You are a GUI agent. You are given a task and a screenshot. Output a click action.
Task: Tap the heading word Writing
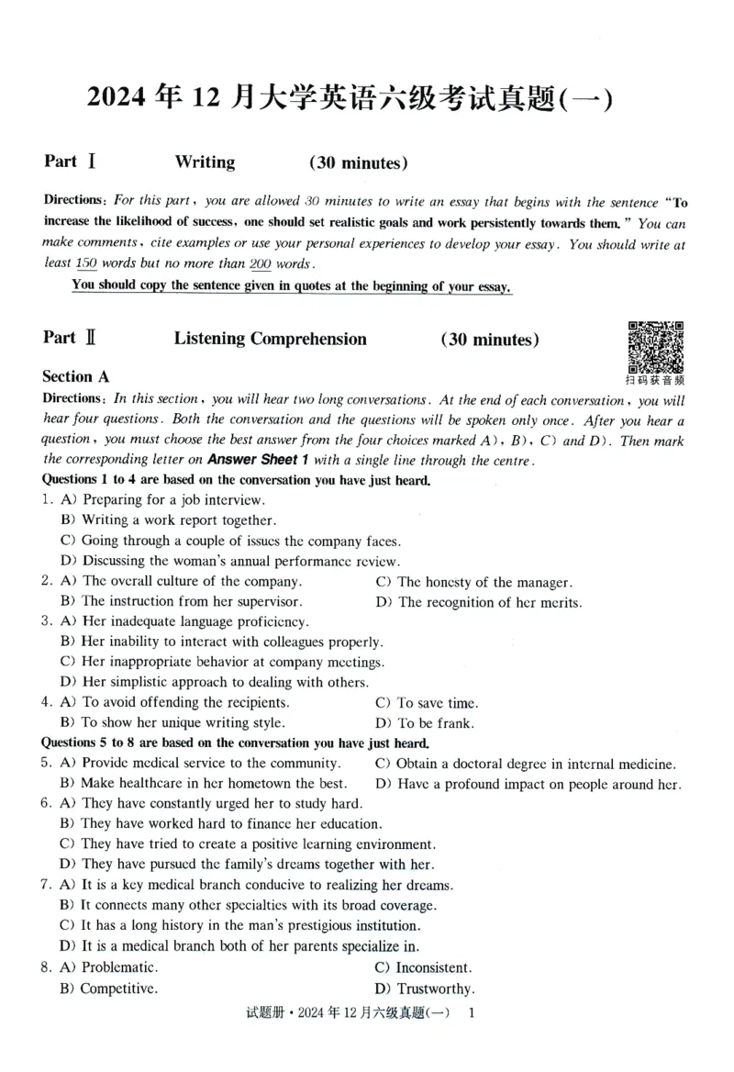click(x=205, y=162)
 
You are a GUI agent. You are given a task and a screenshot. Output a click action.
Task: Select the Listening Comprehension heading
click(x=270, y=339)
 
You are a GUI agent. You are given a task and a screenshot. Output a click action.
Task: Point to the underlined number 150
click(x=86, y=262)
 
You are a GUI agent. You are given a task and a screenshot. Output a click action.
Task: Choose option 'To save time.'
click(x=437, y=703)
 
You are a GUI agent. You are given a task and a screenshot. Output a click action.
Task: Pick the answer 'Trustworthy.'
click(x=435, y=988)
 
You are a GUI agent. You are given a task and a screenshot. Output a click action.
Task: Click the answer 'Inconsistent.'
click(x=434, y=967)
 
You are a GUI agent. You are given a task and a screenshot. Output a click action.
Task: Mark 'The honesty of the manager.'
click(x=484, y=582)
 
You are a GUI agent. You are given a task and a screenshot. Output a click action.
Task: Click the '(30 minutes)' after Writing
click(x=358, y=163)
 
